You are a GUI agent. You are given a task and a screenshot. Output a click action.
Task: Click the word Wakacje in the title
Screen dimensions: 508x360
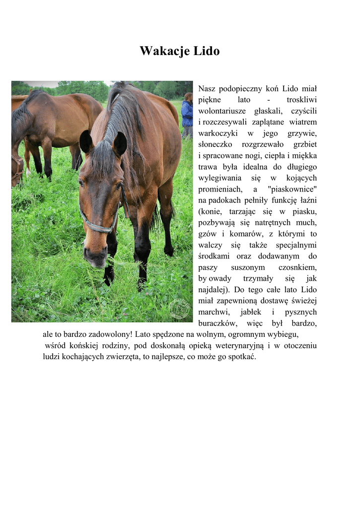pyautogui.click(x=163, y=51)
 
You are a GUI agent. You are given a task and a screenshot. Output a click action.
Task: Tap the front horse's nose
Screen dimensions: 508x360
pyautogui.click(x=95, y=256)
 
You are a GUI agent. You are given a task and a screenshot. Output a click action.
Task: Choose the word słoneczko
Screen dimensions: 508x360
pyautogui.click(x=216, y=144)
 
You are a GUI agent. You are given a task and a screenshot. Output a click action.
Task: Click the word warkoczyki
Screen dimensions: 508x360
pyautogui.click(x=218, y=133)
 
